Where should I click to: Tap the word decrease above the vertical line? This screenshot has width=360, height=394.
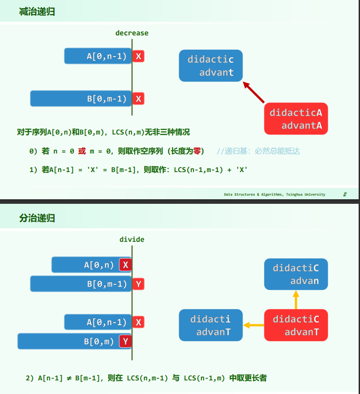[x=131, y=33]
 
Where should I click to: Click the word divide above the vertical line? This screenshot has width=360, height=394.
[x=131, y=239]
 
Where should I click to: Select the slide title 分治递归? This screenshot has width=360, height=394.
[x=37, y=218]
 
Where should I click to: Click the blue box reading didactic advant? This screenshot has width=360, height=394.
[x=210, y=66]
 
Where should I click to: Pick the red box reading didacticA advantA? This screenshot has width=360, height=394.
[x=296, y=119]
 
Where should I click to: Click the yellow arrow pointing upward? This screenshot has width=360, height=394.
[x=296, y=300]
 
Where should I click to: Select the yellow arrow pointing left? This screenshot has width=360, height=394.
[x=253, y=325]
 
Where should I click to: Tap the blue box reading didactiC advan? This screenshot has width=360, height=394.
[x=296, y=274]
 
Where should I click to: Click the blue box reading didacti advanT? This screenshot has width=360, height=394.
[x=210, y=325]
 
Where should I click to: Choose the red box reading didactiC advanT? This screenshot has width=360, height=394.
[x=296, y=325]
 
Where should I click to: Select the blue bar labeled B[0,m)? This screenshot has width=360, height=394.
[x=68, y=341]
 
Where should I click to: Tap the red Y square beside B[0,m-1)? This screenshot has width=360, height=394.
[x=139, y=284]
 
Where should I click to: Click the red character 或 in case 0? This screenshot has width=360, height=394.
[x=82, y=151]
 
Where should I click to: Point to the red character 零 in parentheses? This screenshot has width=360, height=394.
[x=197, y=151]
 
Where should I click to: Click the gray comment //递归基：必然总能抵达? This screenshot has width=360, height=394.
[x=258, y=151]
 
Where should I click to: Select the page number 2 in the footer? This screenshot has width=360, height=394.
[x=345, y=194]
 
